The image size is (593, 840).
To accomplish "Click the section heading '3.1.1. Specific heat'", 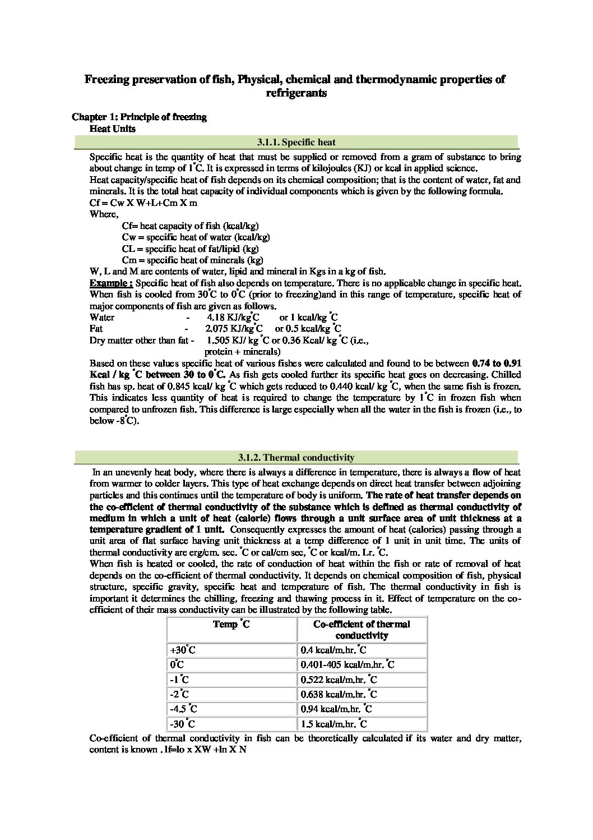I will [x=296, y=143].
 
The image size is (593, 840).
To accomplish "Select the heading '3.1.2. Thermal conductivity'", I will [x=296, y=458].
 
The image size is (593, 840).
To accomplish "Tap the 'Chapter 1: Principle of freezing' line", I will [x=139, y=117].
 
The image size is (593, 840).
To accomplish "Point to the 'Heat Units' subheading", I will [x=113, y=128].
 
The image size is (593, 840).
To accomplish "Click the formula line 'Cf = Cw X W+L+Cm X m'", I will [x=143, y=203].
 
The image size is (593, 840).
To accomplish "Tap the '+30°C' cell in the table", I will [x=182, y=651].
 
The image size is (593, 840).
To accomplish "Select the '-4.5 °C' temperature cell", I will [x=184, y=709].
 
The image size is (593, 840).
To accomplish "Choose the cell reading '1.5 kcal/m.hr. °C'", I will [x=334, y=724].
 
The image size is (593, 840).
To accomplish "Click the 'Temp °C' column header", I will [x=231, y=625].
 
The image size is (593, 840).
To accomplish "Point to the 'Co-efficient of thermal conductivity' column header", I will [x=362, y=630].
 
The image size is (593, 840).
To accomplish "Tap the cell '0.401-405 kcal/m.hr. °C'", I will [x=348, y=665].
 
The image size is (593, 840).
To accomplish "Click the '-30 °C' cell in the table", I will [x=183, y=724].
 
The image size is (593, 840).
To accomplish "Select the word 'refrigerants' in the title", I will [x=296, y=93].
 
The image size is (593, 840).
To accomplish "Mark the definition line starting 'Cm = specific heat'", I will [x=192, y=260].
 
